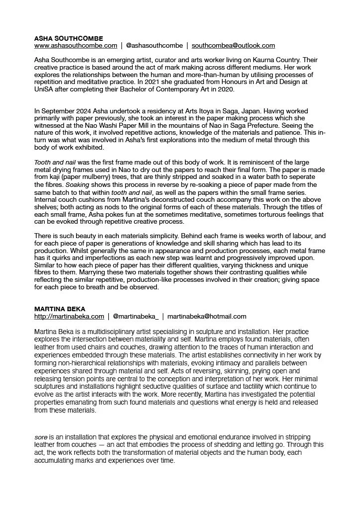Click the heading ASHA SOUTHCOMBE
click(69, 38)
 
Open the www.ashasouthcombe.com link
click(76, 45)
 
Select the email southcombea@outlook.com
click(233, 45)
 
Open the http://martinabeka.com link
click(69, 316)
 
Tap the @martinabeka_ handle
click(136, 316)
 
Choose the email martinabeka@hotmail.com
click(210, 316)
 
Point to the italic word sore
click(41, 437)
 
